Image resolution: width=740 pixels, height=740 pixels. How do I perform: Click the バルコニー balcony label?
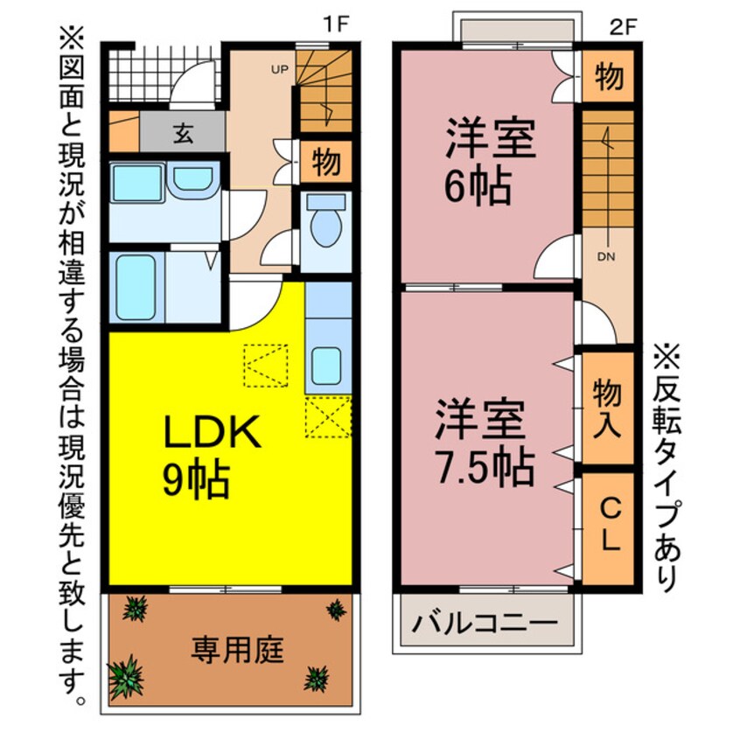(485, 624)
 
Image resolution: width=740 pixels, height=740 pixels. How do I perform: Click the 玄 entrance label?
(183, 133)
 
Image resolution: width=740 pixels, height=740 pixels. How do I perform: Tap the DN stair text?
(605, 257)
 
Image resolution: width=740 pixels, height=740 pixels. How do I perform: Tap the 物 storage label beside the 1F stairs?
(326, 163)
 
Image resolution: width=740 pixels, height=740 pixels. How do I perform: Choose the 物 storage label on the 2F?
(609, 77)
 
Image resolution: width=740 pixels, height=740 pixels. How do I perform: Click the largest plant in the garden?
(125, 675)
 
